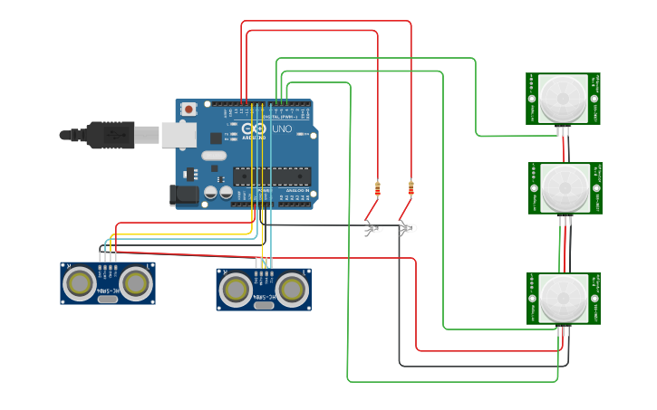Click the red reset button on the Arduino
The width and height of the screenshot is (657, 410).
pyautogui.click(x=188, y=109)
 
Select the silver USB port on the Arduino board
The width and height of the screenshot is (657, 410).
pyautogui.click(x=179, y=135)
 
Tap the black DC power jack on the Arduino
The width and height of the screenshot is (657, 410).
pyautogui.click(x=184, y=194)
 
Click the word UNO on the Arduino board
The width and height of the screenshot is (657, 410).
pyautogui.click(x=282, y=129)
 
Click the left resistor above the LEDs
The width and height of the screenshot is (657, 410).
pyautogui.click(x=378, y=189)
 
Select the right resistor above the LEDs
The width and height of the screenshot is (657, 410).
pyautogui.click(x=411, y=188)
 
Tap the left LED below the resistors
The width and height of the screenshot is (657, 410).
pyautogui.click(x=373, y=229)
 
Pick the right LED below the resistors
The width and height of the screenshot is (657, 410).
pyautogui.click(x=407, y=229)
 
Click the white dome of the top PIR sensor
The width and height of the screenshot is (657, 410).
pyautogui.click(x=562, y=98)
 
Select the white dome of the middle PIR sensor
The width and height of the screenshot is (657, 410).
pyautogui.click(x=563, y=187)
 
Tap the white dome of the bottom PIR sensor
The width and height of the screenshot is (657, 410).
pyautogui.click(x=563, y=298)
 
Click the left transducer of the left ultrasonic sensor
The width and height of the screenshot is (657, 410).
pyautogui.click(x=80, y=283)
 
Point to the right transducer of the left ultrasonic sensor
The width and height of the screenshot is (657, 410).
pyautogui.click(x=136, y=283)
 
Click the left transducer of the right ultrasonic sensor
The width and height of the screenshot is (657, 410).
pyautogui.click(x=236, y=290)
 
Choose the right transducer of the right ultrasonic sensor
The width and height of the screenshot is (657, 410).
pyautogui.click(x=292, y=290)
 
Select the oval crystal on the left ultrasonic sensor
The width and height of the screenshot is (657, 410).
pyautogui.click(x=108, y=297)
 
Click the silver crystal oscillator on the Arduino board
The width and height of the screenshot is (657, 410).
pyautogui.click(x=214, y=156)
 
